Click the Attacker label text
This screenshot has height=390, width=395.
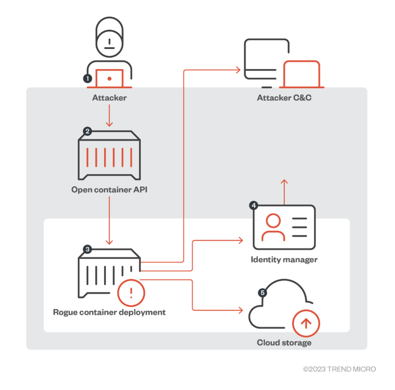click(109, 98)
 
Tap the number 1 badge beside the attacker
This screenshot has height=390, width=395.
click(88, 79)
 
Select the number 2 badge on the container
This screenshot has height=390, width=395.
click(88, 131)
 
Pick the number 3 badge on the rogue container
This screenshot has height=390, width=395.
click(88, 249)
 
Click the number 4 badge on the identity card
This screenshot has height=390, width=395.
click(254, 205)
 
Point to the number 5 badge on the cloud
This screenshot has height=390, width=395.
click(263, 292)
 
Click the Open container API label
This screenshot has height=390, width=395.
click(109, 190)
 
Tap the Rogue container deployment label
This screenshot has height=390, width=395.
click(109, 312)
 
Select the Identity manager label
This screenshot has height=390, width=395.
click(284, 260)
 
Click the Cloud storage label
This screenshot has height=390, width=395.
click(284, 342)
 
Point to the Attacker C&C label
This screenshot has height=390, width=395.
click(284, 98)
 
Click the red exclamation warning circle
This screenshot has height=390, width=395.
click(131, 293)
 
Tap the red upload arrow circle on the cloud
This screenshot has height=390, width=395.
click(306, 323)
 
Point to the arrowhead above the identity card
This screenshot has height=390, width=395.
click(284, 182)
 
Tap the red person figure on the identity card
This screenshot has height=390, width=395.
click(273, 227)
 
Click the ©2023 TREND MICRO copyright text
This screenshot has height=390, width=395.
click(339, 369)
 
